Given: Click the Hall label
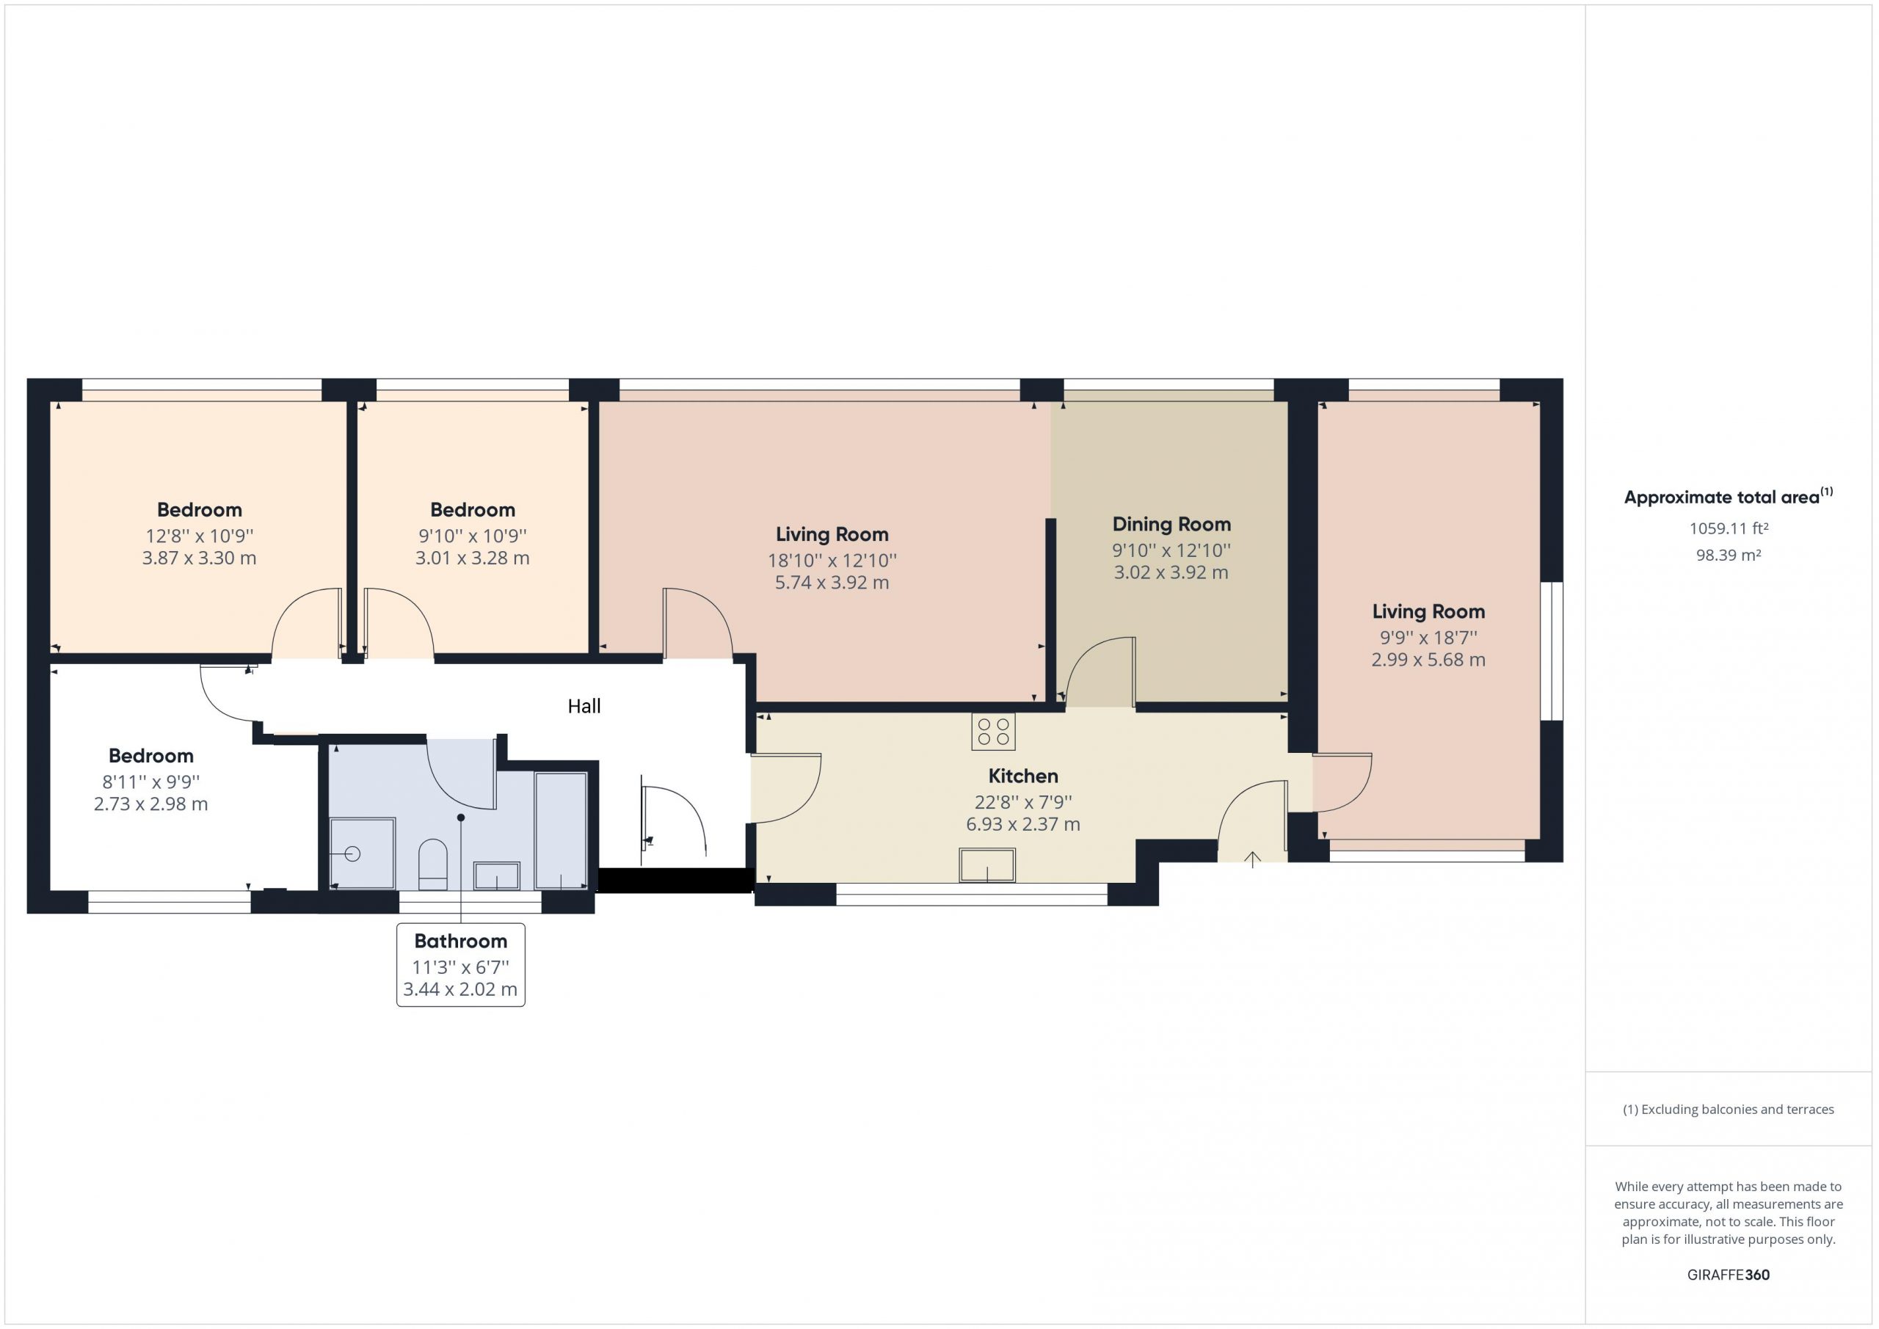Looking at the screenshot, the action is (584, 706).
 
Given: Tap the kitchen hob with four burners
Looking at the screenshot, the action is (994, 732).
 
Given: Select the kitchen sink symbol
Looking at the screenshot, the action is (987, 866).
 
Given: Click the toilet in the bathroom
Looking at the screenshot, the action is (433, 864).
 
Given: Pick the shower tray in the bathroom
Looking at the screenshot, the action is (363, 853).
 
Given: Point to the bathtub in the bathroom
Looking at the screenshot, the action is (561, 831).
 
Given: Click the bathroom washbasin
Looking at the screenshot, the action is (497, 875).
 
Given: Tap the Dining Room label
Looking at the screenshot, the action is (1171, 525).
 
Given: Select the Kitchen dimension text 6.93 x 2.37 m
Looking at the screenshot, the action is (1023, 825).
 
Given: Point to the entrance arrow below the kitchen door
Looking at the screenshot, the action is (1252, 859).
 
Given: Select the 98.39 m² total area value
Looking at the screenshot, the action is (1729, 555).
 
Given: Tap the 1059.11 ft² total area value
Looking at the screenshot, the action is (1729, 528).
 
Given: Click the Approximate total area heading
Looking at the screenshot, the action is (1729, 497).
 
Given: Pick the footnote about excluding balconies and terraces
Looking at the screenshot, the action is (1729, 1110).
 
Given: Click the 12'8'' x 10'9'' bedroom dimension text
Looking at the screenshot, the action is (200, 536).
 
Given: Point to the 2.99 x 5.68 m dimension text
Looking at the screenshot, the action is (1428, 660).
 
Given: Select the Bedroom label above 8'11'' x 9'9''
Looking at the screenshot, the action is (151, 755).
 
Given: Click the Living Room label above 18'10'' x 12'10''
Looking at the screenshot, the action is (832, 534).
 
